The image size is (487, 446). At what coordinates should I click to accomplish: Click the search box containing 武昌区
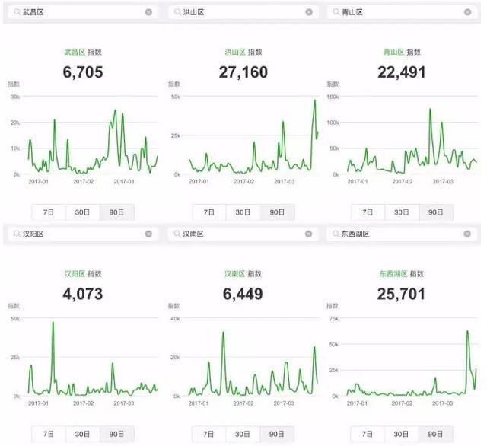point(80,12)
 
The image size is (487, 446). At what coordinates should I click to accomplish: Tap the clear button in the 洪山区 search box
point(308,12)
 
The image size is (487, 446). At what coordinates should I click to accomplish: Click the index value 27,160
point(243,72)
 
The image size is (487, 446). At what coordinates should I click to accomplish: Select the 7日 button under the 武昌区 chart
point(49,212)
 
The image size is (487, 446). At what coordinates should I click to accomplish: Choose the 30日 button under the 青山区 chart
point(403,212)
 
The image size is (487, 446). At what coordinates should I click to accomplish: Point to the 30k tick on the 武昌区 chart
point(14,97)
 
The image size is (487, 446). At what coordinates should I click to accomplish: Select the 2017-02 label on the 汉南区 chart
point(243,403)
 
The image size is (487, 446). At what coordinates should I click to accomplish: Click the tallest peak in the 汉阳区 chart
point(53,323)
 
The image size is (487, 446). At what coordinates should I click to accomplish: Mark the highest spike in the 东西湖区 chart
point(467,331)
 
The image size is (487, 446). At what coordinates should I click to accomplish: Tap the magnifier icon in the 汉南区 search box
point(177,234)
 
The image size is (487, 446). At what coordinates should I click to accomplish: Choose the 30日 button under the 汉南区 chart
point(243,434)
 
